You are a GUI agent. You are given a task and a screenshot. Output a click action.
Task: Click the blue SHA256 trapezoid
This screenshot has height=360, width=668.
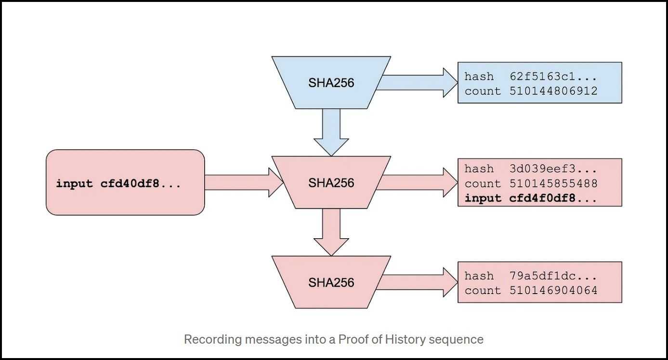331,83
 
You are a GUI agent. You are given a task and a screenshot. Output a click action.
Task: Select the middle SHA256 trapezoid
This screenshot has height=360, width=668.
331,182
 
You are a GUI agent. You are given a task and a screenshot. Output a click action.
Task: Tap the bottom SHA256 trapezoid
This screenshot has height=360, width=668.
331,282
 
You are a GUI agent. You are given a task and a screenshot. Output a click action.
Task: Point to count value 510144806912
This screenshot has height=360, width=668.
553,91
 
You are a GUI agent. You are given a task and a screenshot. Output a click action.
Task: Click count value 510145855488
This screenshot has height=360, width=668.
553,183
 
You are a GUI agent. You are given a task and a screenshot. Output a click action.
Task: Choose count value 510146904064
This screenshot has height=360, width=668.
553,290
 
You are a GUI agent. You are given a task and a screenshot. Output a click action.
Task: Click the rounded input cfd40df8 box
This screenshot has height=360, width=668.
125,182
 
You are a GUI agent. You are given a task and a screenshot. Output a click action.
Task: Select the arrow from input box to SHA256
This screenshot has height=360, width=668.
244,182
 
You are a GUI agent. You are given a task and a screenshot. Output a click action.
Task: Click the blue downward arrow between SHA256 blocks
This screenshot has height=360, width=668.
331,132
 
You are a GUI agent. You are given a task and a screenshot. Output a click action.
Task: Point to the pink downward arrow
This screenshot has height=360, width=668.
331,232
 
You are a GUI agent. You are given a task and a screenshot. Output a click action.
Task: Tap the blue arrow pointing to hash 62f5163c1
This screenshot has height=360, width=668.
418,83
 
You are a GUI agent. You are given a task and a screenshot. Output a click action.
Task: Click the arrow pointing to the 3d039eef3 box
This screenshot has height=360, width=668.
418,182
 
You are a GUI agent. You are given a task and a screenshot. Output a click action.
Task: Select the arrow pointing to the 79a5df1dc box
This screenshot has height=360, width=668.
418,282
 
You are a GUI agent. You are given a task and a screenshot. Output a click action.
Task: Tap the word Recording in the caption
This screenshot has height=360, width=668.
212,340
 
